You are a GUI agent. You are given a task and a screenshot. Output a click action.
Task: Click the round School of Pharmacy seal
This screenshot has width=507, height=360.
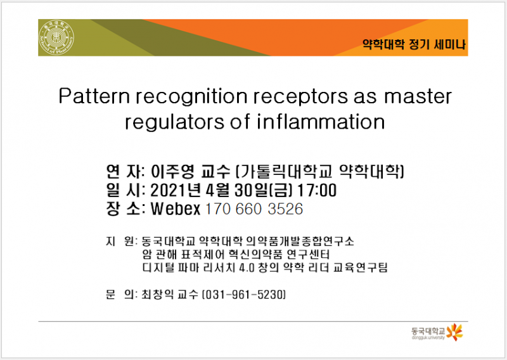tap(56, 37)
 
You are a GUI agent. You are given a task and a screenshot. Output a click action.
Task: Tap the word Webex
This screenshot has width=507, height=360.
tap(174, 209)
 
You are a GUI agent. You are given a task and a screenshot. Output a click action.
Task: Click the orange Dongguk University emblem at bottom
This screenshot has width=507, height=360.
tap(454, 331)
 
